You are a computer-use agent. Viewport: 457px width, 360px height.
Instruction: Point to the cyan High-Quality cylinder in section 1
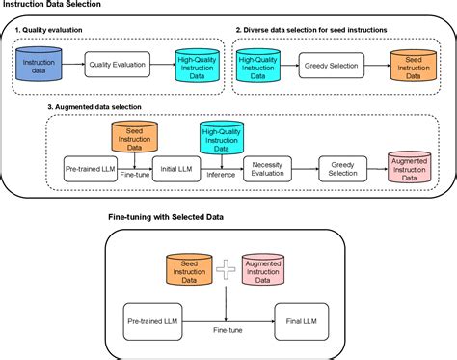click(196, 65)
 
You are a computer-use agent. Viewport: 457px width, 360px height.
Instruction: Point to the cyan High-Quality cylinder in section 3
click(223, 138)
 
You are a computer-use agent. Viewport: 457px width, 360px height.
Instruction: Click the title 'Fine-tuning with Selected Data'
click(165, 218)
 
